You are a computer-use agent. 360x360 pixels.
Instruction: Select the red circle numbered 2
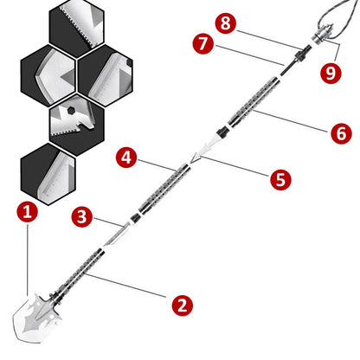(181, 305)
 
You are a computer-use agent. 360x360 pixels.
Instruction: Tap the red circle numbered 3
(81, 215)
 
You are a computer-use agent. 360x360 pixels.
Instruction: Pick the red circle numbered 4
(126, 157)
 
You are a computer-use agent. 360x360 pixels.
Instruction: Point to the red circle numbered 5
(280, 179)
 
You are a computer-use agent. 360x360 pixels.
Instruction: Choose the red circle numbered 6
(340, 133)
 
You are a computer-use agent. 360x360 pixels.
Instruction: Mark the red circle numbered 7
(203, 44)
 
